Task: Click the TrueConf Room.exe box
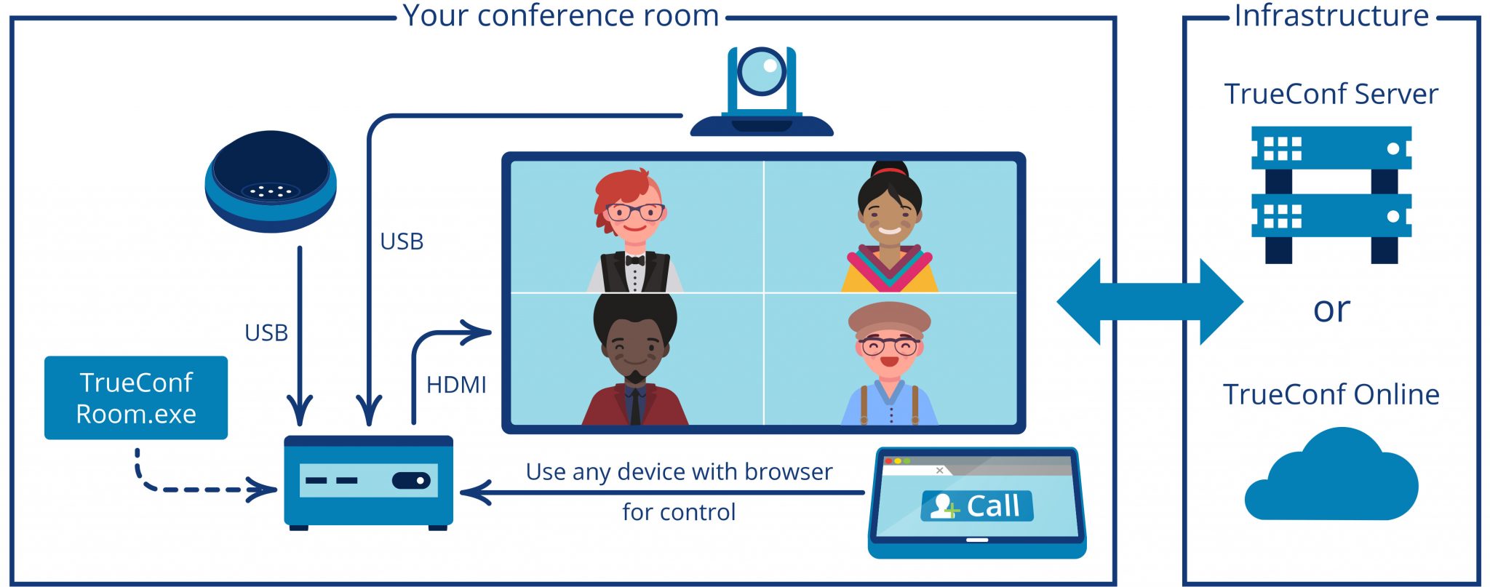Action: [x=136, y=397]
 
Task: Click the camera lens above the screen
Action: [x=761, y=71]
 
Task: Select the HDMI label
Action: [x=456, y=385]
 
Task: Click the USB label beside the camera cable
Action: [x=402, y=241]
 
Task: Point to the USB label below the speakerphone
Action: [x=266, y=333]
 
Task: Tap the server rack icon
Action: [x=1331, y=194]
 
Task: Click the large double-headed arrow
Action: [x=1150, y=301]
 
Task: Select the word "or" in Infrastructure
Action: [x=1331, y=310]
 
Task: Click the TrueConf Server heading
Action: [x=1331, y=95]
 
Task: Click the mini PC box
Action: [x=368, y=482]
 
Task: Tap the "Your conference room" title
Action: [x=561, y=15]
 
